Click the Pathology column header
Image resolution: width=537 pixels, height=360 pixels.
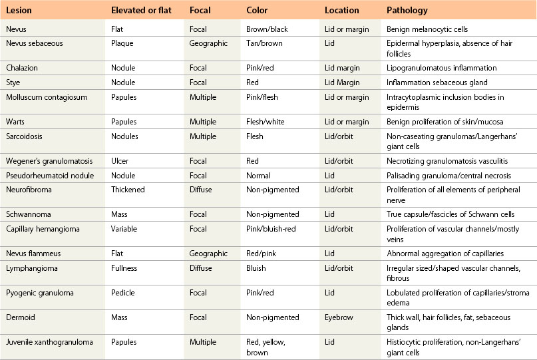pyautogui.click(x=407, y=11)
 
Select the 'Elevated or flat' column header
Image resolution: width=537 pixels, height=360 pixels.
pyautogui.click(x=140, y=11)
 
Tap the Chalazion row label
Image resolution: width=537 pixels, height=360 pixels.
pyautogui.click(x=21, y=68)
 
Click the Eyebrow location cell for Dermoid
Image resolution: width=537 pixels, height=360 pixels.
pyautogui.click(x=339, y=318)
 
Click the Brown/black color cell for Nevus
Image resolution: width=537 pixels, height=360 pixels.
pyautogui.click(x=266, y=29)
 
